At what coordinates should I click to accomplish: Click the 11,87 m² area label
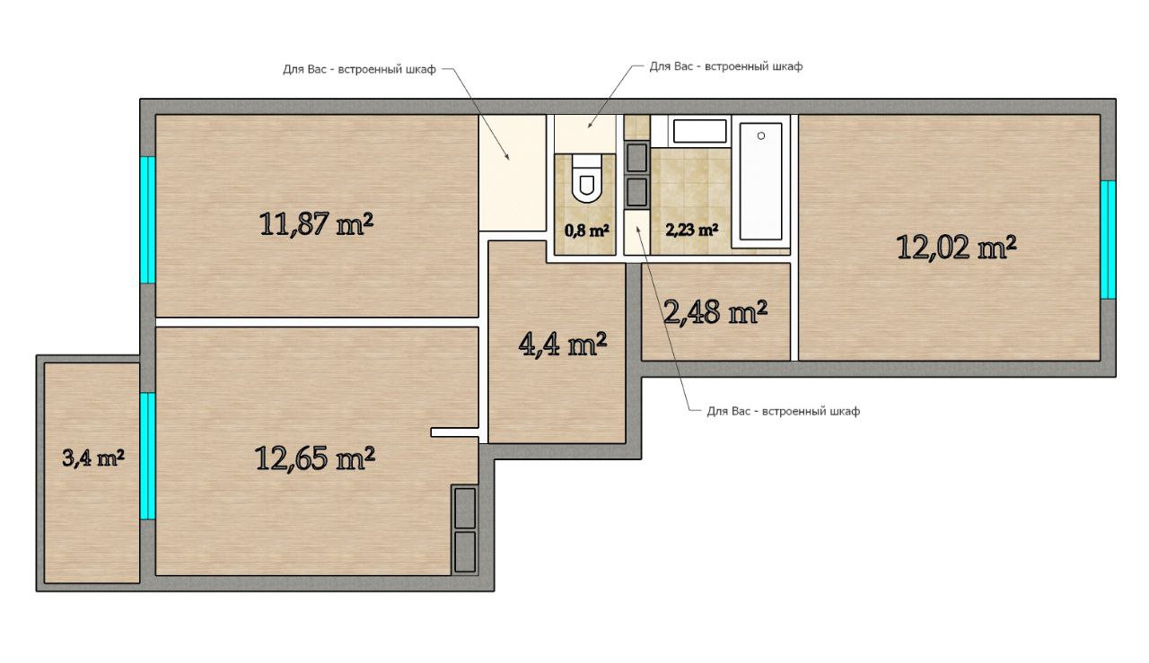(316, 224)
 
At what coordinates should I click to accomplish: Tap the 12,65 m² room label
(314, 458)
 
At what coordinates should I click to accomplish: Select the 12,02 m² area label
(956, 247)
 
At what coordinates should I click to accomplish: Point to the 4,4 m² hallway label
(563, 345)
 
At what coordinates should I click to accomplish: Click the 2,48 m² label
(715, 311)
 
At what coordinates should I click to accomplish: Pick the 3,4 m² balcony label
(92, 458)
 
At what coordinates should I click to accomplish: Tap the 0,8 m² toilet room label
(587, 231)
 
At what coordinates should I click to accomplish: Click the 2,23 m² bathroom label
(691, 229)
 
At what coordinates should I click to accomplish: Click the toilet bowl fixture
(587, 179)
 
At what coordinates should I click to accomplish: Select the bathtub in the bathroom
(760, 181)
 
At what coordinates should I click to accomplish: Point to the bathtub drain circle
(761, 135)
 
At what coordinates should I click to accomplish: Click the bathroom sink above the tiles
(699, 131)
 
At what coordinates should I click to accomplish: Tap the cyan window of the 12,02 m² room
(1108, 240)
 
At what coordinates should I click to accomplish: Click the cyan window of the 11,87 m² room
(148, 220)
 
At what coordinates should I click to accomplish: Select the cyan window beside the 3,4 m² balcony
(148, 456)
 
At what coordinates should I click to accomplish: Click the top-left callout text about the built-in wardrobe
(359, 69)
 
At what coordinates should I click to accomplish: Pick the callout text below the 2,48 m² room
(784, 411)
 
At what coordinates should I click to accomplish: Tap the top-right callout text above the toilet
(726, 66)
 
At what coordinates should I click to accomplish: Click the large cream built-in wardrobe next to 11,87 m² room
(512, 173)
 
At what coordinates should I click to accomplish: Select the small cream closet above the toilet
(585, 134)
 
